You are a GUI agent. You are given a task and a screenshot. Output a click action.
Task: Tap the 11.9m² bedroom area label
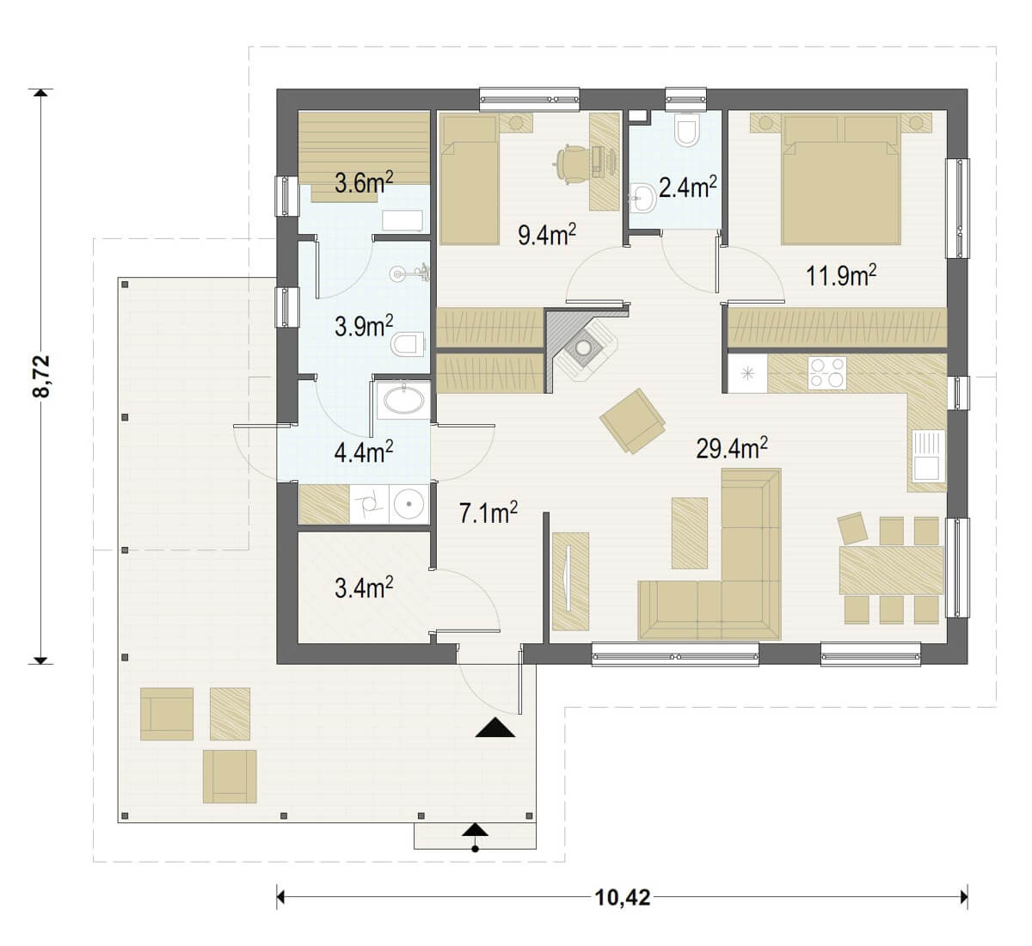pos(840,275)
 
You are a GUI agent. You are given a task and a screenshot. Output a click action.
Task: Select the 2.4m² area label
pos(688,187)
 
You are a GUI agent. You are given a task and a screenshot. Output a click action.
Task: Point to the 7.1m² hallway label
pos(488,513)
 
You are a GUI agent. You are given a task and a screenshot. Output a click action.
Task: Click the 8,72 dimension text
pos(41,376)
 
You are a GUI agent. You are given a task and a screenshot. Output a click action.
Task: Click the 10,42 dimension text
pos(623,898)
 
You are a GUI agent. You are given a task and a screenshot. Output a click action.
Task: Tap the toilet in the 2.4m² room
pos(688,131)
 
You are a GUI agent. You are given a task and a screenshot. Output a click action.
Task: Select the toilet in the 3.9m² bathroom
pos(408,344)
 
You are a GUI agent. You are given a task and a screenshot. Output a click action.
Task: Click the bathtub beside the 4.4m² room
pos(404,400)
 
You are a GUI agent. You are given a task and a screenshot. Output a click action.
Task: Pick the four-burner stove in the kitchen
pos(827,372)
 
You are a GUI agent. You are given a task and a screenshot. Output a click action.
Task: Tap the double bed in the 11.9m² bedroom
pos(841,179)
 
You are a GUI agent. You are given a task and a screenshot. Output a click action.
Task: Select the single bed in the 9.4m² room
pos(470,179)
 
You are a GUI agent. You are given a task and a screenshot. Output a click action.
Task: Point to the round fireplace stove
pos(583,348)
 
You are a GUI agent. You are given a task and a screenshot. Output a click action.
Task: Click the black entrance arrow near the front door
pos(494,728)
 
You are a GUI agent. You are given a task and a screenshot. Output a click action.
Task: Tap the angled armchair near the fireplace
pos(632,420)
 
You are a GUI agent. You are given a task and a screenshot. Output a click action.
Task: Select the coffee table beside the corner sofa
pos(690,532)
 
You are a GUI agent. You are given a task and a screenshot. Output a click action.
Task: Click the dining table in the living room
pos(891,571)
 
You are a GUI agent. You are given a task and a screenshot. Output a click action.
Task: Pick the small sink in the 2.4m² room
pos(641,198)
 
